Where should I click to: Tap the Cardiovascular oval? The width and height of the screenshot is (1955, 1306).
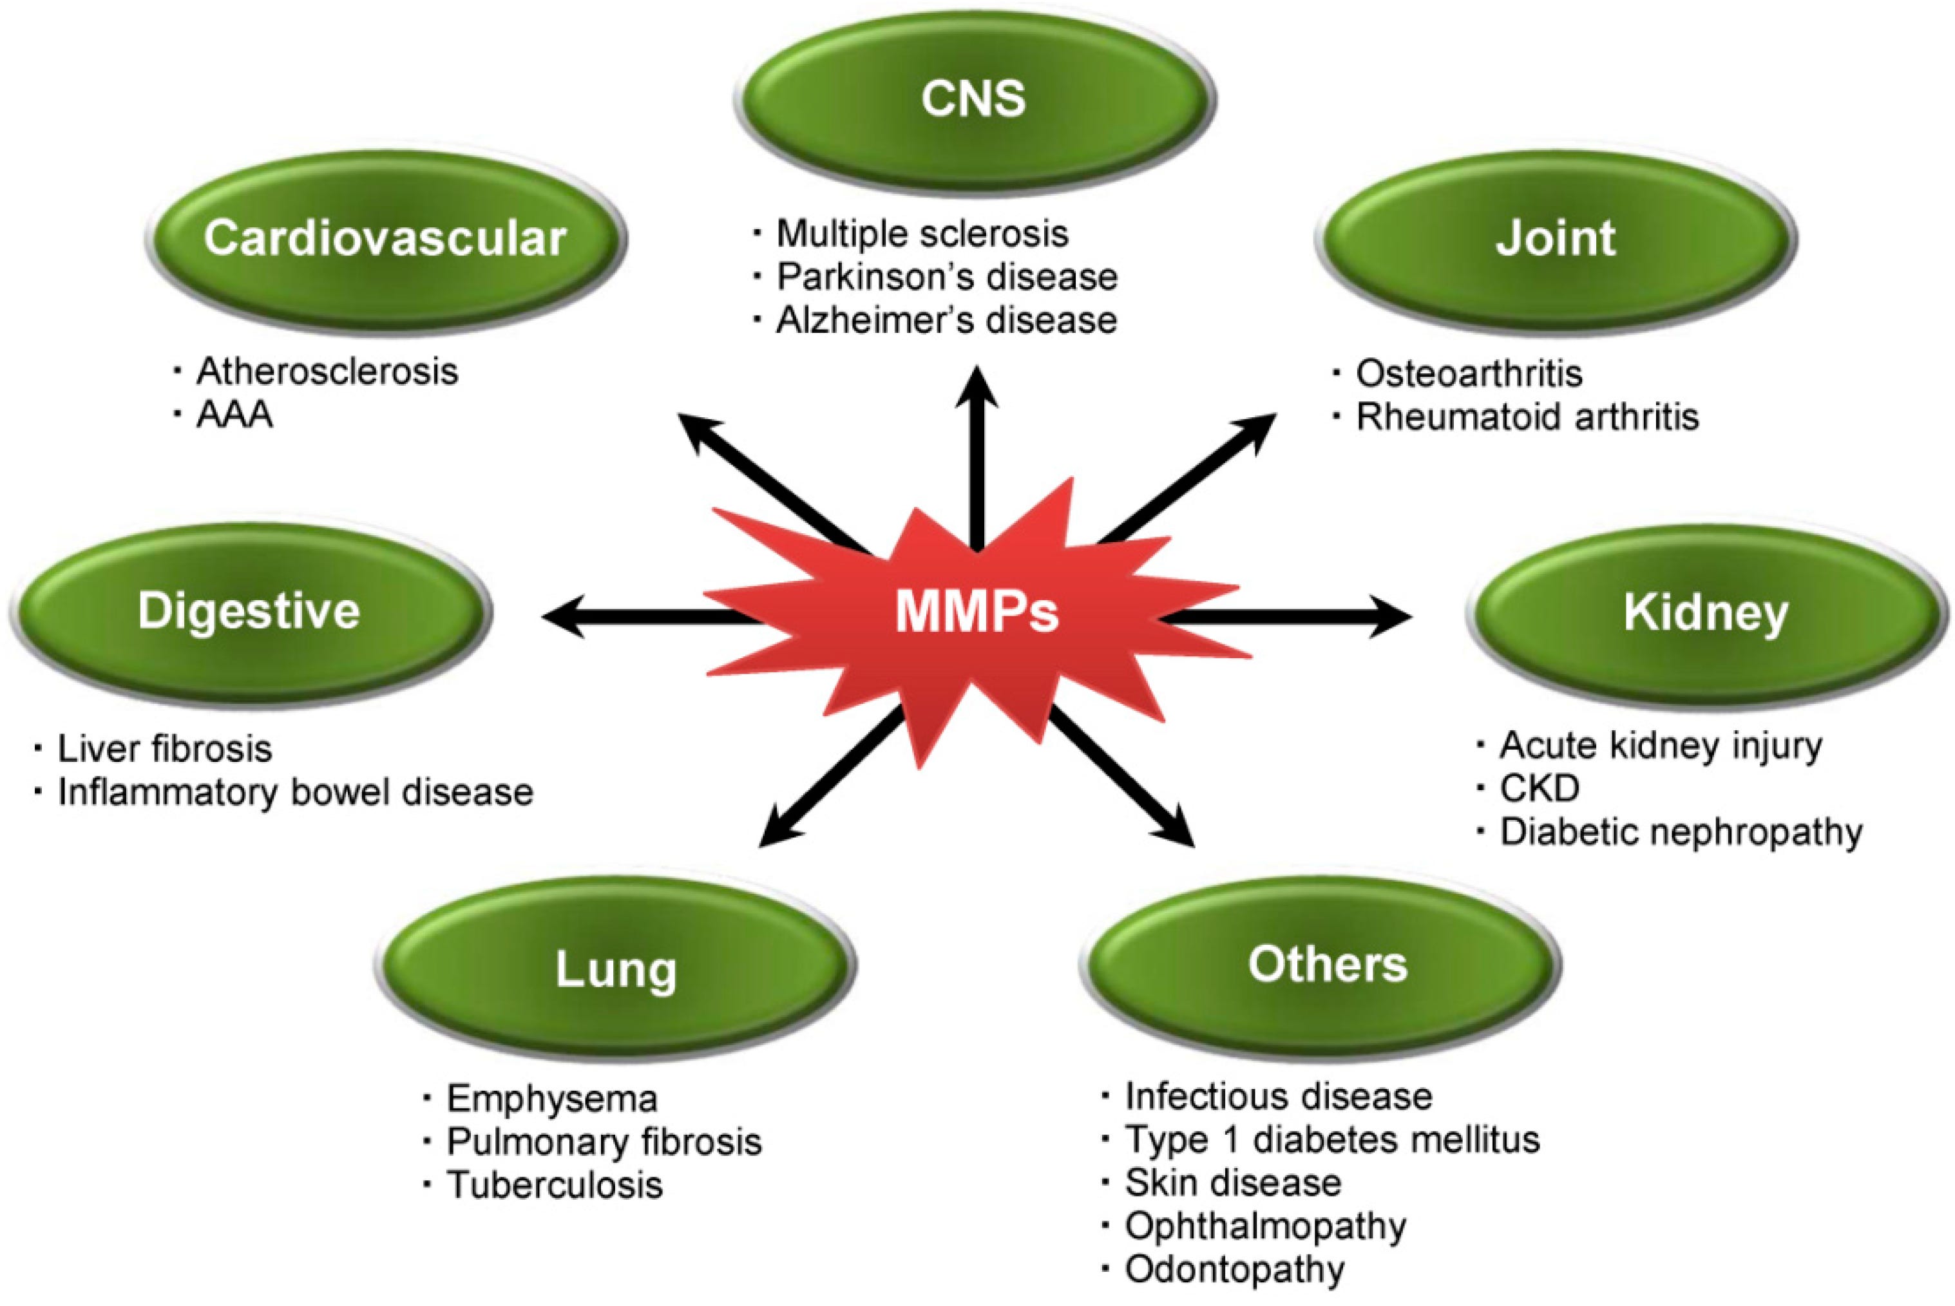pos(386,239)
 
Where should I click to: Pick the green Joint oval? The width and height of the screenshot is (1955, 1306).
pos(1555,239)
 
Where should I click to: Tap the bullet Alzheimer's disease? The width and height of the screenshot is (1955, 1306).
pos(946,321)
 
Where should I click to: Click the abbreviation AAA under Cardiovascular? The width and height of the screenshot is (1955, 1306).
pos(235,415)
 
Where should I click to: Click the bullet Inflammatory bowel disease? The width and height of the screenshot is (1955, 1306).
pos(295,793)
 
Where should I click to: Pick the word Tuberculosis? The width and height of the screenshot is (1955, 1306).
pos(554,1185)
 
